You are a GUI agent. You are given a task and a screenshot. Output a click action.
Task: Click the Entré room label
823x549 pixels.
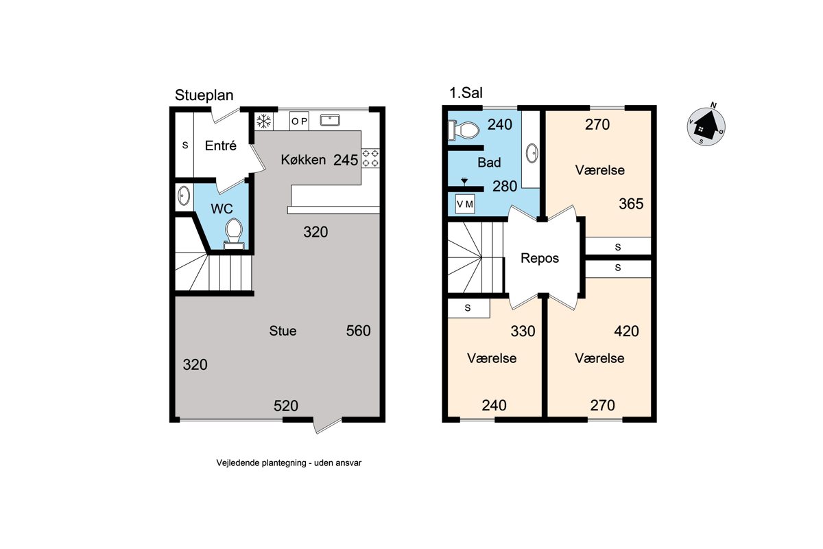coord(220,145)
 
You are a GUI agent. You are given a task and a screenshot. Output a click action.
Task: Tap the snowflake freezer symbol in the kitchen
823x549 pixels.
coord(263,121)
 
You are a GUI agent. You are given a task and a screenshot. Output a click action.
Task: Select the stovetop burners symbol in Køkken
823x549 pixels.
coord(370,158)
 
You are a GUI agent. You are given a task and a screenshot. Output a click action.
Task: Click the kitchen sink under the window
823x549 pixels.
coord(330,120)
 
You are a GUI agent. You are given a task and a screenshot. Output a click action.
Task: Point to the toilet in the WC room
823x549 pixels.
coord(234,234)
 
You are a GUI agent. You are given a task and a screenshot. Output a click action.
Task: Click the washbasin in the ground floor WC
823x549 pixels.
coord(184,196)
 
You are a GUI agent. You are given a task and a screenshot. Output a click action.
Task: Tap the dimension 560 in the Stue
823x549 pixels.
coord(358,331)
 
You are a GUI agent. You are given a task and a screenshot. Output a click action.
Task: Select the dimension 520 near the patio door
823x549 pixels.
coord(286,406)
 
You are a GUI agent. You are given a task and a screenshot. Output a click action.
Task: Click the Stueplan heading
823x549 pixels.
coord(204,95)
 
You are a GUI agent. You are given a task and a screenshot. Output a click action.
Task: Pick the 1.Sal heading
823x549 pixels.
coord(466,93)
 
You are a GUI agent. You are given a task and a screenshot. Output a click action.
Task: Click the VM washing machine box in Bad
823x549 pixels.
coord(465,204)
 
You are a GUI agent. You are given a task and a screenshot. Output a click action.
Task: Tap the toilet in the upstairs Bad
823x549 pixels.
coord(464,130)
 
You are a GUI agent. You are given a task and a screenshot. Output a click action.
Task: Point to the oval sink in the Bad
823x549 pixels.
coord(532,153)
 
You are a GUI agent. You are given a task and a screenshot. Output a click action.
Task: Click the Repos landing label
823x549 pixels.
coord(540,258)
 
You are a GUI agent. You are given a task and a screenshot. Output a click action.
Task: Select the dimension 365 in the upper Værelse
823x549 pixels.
coord(631,204)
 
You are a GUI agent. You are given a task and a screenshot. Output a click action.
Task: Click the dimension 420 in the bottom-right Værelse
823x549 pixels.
coord(626,331)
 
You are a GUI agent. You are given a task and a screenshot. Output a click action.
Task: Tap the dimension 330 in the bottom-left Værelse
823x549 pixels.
coord(523,331)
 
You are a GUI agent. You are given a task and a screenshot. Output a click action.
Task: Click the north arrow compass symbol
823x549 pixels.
coord(706,126)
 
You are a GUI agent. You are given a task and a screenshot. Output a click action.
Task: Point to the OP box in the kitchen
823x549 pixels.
coord(299,121)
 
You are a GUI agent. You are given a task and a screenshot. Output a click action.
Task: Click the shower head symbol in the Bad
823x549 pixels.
coord(464,180)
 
